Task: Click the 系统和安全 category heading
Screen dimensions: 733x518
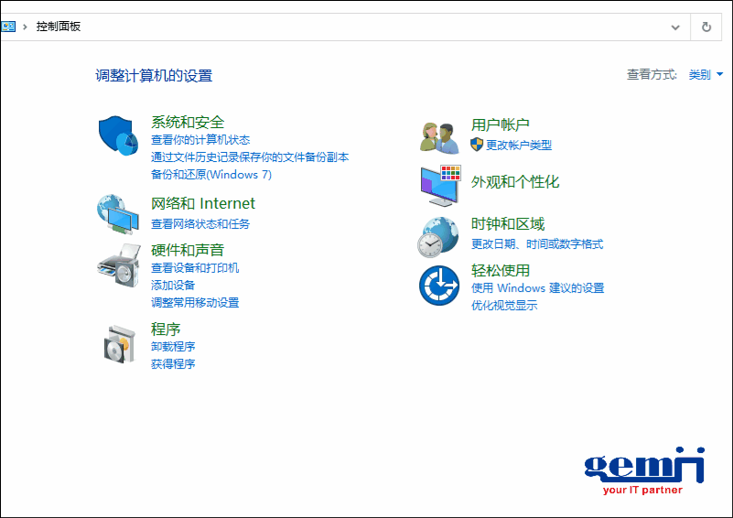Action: click(188, 122)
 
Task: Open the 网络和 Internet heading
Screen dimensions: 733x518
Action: click(203, 203)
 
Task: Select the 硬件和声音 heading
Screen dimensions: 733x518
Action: click(188, 250)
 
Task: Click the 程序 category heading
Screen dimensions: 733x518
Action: click(166, 329)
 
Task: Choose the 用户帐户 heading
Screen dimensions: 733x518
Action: click(500, 124)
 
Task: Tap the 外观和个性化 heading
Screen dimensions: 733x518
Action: click(514, 182)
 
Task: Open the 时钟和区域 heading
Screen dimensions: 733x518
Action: click(508, 224)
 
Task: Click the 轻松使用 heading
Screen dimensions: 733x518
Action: click(501, 270)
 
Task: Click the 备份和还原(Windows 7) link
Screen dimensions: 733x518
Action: click(211, 175)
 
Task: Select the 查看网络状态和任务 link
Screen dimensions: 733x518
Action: click(200, 224)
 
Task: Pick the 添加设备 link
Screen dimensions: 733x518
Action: click(173, 286)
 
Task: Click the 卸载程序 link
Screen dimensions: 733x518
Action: click(173, 347)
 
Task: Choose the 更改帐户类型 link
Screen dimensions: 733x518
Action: click(519, 146)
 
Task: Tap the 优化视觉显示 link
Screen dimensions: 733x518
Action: click(504, 306)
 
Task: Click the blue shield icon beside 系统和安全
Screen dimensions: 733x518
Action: click(118, 135)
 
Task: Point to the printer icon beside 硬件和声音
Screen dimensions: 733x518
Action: click(118, 265)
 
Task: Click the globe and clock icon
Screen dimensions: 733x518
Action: click(438, 237)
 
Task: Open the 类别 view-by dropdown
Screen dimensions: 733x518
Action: click(706, 74)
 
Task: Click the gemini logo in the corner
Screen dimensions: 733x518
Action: click(644, 470)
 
